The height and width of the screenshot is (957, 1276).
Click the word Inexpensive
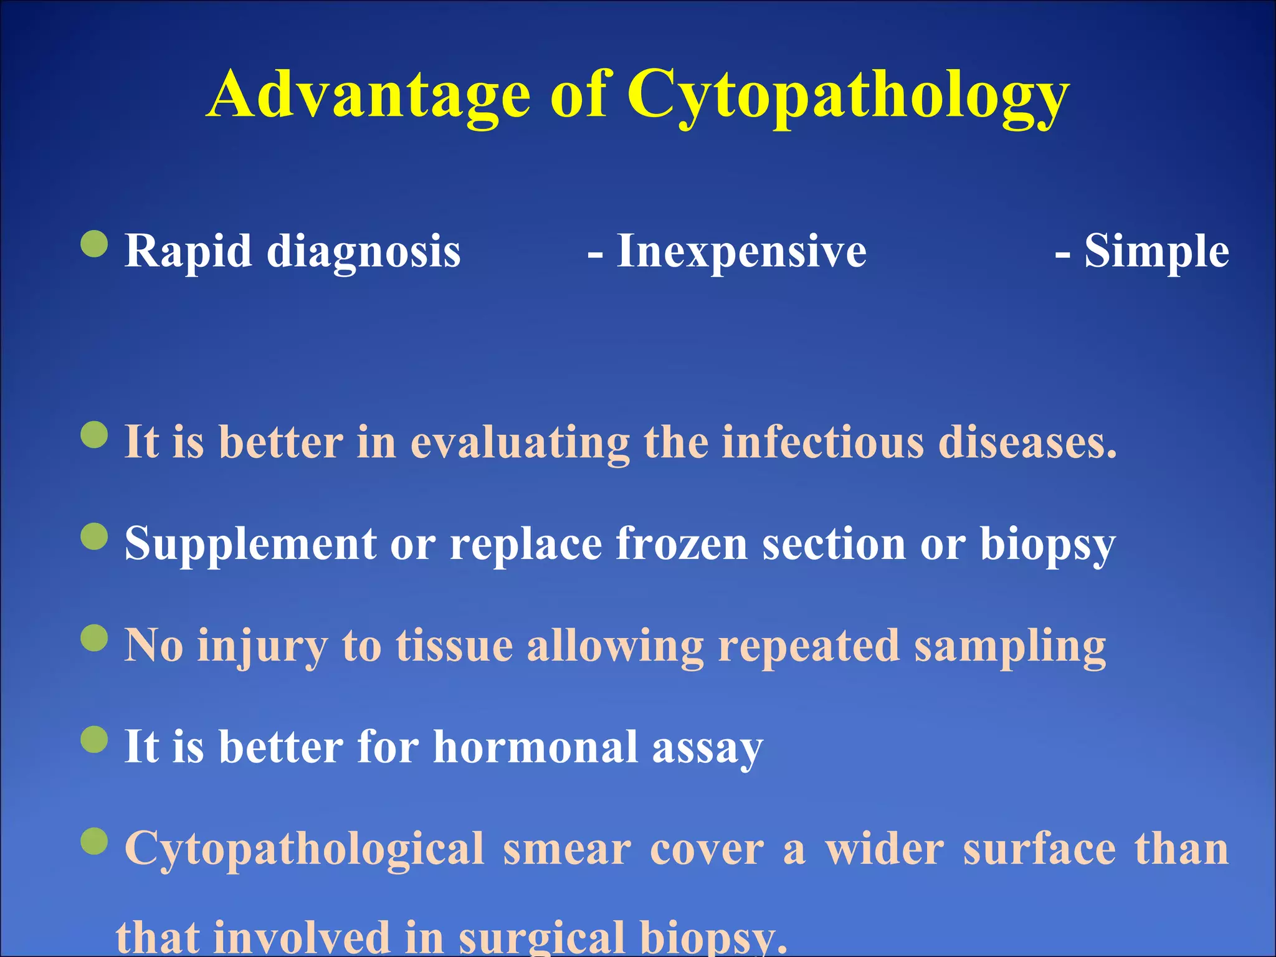coord(741,251)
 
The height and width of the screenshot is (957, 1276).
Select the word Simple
coord(1156,251)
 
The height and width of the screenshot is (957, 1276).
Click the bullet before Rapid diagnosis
coord(95,244)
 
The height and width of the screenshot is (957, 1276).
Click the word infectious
coord(822,442)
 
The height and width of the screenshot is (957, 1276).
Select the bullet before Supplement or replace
coord(95,536)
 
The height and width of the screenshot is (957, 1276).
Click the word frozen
coord(682,544)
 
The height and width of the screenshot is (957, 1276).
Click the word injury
coord(262,647)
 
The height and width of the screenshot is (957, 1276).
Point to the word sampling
coord(1009,647)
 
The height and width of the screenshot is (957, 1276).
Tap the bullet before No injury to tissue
coord(95,637)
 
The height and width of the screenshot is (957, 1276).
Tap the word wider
coord(885,849)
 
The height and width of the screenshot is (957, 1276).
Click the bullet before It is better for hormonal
coord(95,740)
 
